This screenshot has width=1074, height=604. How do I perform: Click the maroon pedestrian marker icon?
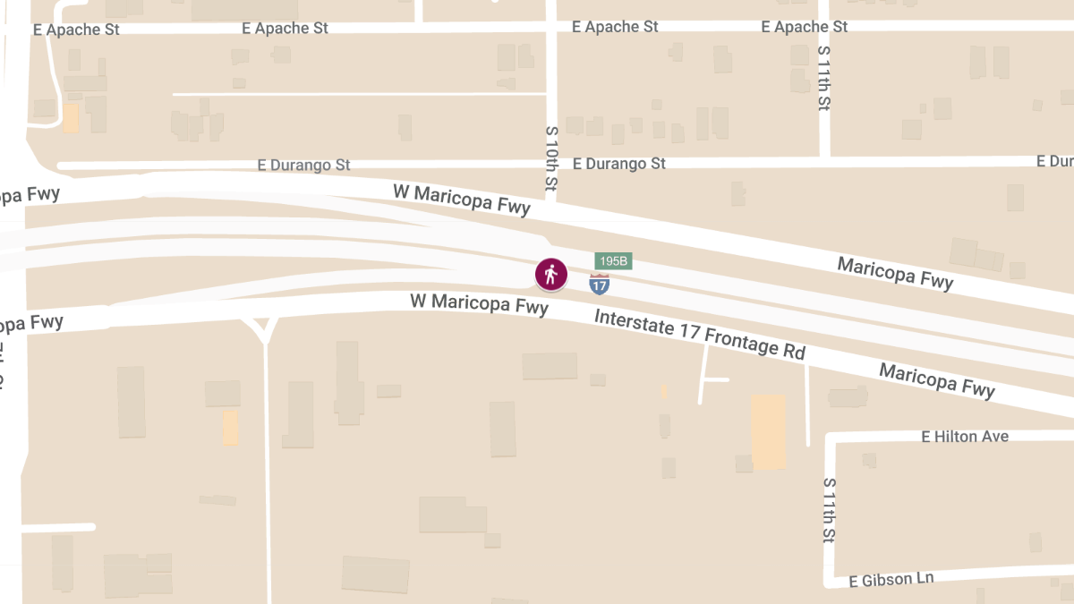(551, 274)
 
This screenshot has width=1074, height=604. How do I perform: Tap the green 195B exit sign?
(614, 261)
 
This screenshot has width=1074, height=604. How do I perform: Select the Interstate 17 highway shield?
(600, 285)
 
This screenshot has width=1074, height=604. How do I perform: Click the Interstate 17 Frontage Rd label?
(700, 334)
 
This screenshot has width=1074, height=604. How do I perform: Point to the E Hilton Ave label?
(965, 437)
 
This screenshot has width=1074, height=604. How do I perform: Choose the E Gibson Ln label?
(891, 580)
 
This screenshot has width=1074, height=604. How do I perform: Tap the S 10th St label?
(551, 159)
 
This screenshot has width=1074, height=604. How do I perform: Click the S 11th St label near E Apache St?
(824, 78)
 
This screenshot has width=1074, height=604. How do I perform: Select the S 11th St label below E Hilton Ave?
(830, 511)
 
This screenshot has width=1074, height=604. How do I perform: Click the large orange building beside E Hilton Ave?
(768, 432)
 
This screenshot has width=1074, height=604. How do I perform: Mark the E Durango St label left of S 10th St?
(303, 166)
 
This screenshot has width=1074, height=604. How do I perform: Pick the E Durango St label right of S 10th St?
(619, 164)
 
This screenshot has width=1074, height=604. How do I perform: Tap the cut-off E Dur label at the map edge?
(1054, 161)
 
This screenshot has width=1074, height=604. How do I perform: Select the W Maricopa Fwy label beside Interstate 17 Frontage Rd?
(479, 303)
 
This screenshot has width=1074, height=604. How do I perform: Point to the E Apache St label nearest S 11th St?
(804, 27)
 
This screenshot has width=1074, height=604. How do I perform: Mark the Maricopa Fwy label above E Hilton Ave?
(936, 380)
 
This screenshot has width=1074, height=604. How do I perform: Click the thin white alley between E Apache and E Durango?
(358, 93)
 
